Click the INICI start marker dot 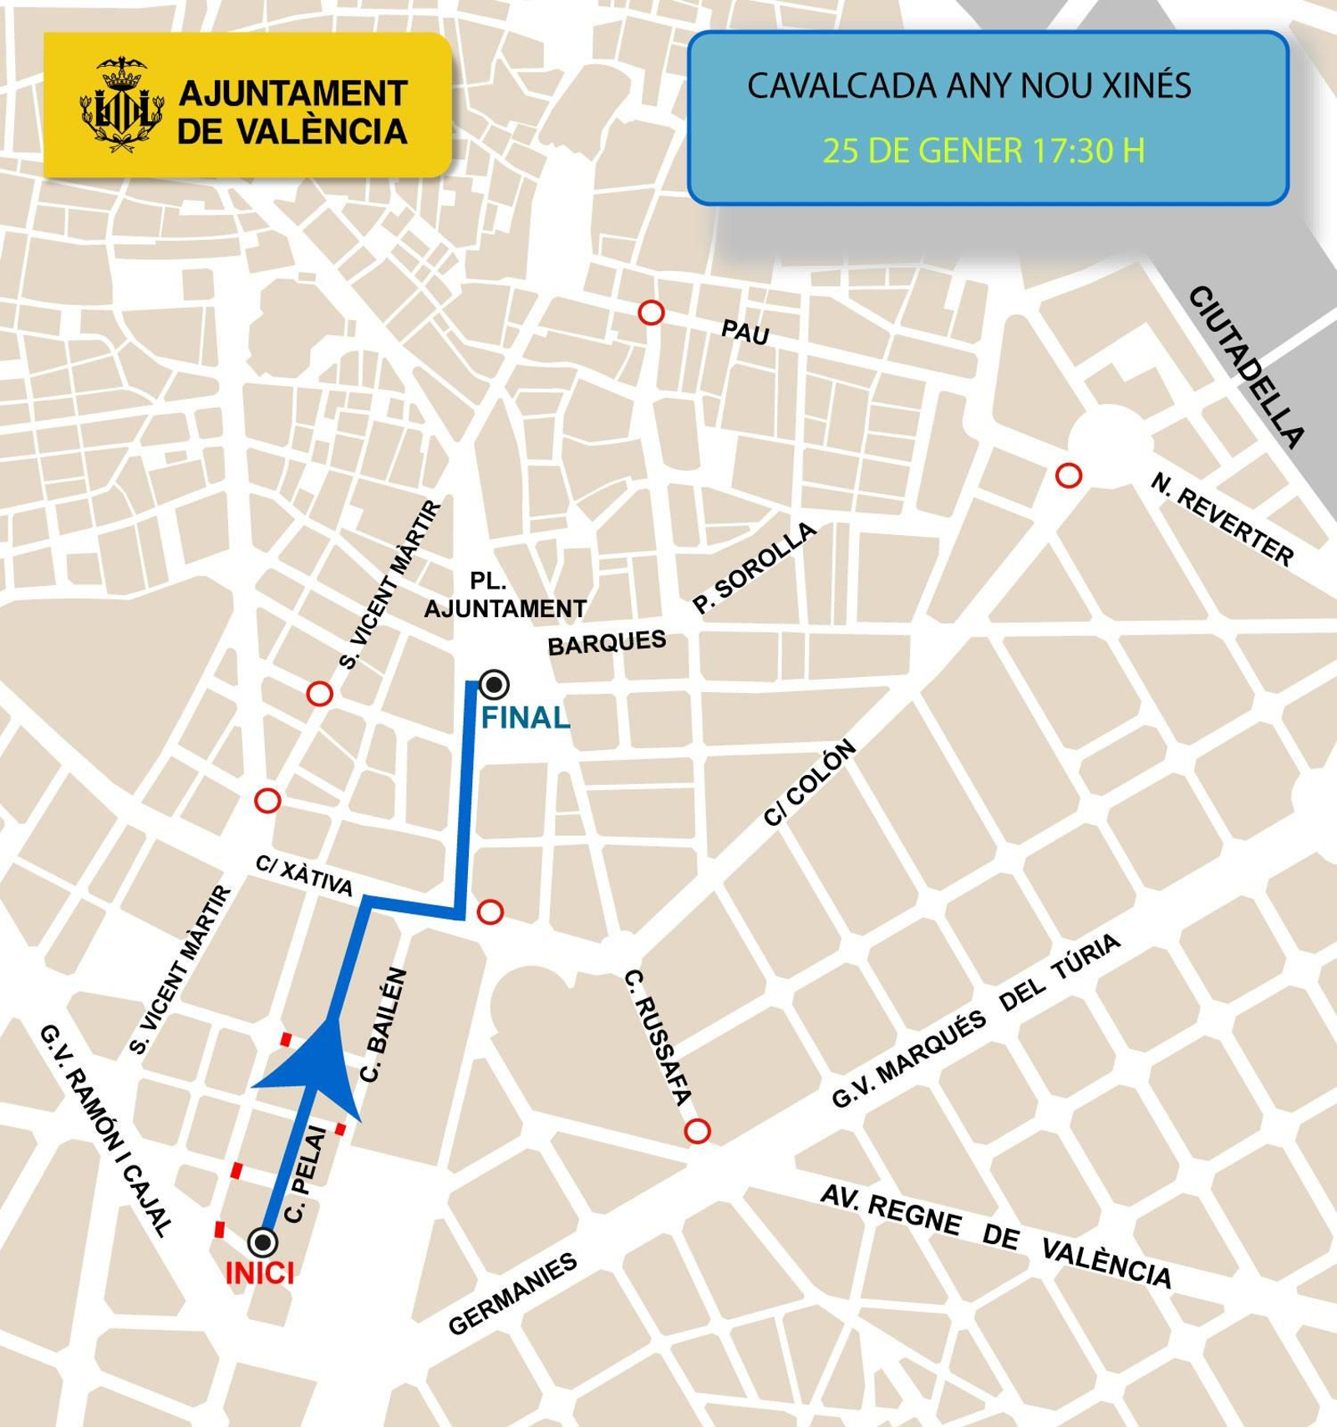click(x=263, y=1241)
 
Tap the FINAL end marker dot click(x=495, y=685)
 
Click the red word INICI click(x=260, y=1274)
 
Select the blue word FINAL click(x=526, y=717)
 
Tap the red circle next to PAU click(x=651, y=313)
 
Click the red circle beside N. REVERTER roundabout click(x=1069, y=476)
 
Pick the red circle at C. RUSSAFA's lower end click(x=697, y=1131)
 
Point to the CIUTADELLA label click(x=1246, y=366)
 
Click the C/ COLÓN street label click(x=811, y=782)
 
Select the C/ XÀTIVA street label click(x=304, y=875)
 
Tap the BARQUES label click(x=607, y=643)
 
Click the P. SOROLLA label click(x=755, y=568)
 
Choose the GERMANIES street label click(x=512, y=1293)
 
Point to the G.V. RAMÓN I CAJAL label click(x=106, y=1130)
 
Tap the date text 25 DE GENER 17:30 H click(x=984, y=150)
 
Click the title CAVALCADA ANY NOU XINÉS click(x=968, y=86)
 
